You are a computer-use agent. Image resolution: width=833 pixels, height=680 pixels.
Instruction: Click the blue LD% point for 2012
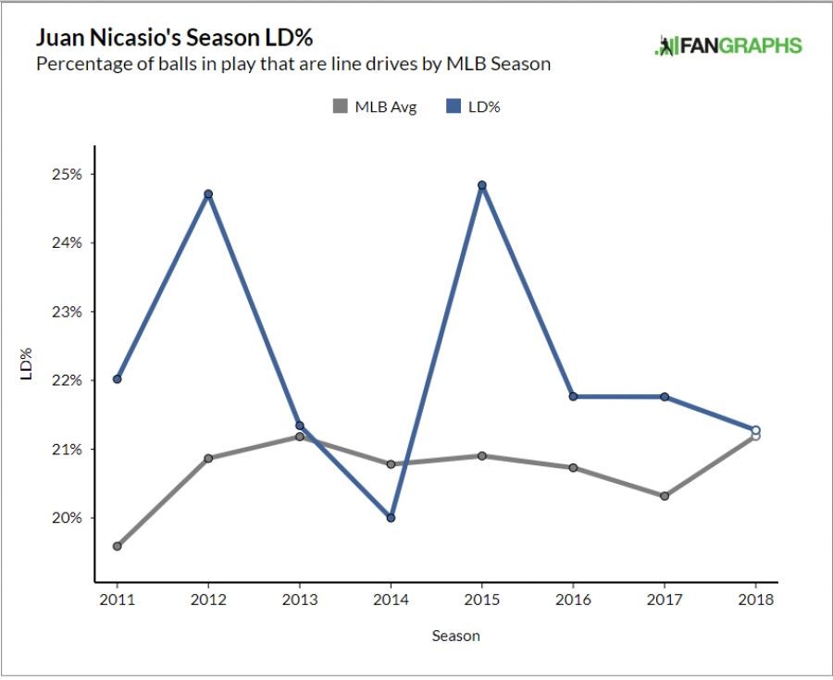pyautogui.click(x=208, y=194)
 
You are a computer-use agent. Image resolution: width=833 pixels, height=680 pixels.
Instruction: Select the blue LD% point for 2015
pyautogui.click(x=482, y=185)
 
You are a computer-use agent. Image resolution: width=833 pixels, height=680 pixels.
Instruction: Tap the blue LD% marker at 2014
pyautogui.click(x=391, y=517)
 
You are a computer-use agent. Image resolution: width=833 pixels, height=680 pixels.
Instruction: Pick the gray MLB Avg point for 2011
pyautogui.click(x=118, y=546)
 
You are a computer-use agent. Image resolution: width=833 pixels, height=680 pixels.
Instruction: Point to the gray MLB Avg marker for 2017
pyautogui.click(x=665, y=496)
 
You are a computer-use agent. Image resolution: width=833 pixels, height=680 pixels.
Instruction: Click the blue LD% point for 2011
pyautogui.click(x=118, y=378)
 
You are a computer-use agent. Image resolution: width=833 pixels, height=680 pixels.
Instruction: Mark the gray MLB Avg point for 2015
pyautogui.click(x=482, y=455)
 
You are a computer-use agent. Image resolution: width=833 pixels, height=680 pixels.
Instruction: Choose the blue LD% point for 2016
pyautogui.click(x=573, y=396)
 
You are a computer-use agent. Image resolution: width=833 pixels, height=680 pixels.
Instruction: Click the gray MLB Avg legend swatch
pyautogui.click(x=340, y=107)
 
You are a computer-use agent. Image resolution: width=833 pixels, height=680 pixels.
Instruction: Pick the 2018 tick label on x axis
pyautogui.click(x=756, y=600)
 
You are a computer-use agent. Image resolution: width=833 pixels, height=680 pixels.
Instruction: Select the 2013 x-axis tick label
pyautogui.click(x=300, y=600)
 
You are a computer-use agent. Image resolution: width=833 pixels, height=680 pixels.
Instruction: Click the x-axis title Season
pyautogui.click(x=455, y=636)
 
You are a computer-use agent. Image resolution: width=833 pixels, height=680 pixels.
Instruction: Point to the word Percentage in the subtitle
pyautogui.click(x=77, y=64)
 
